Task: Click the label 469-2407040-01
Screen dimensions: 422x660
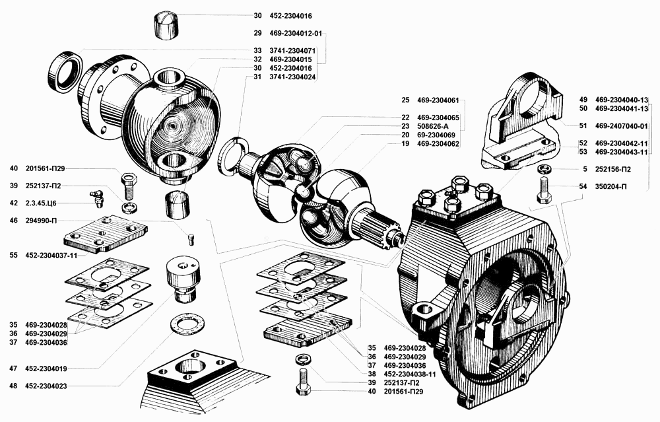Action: coord(622,125)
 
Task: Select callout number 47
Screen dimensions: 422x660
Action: coord(13,368)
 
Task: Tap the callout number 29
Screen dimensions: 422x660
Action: coord(257,33)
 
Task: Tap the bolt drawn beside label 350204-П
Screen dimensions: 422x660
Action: coord(543,192)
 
